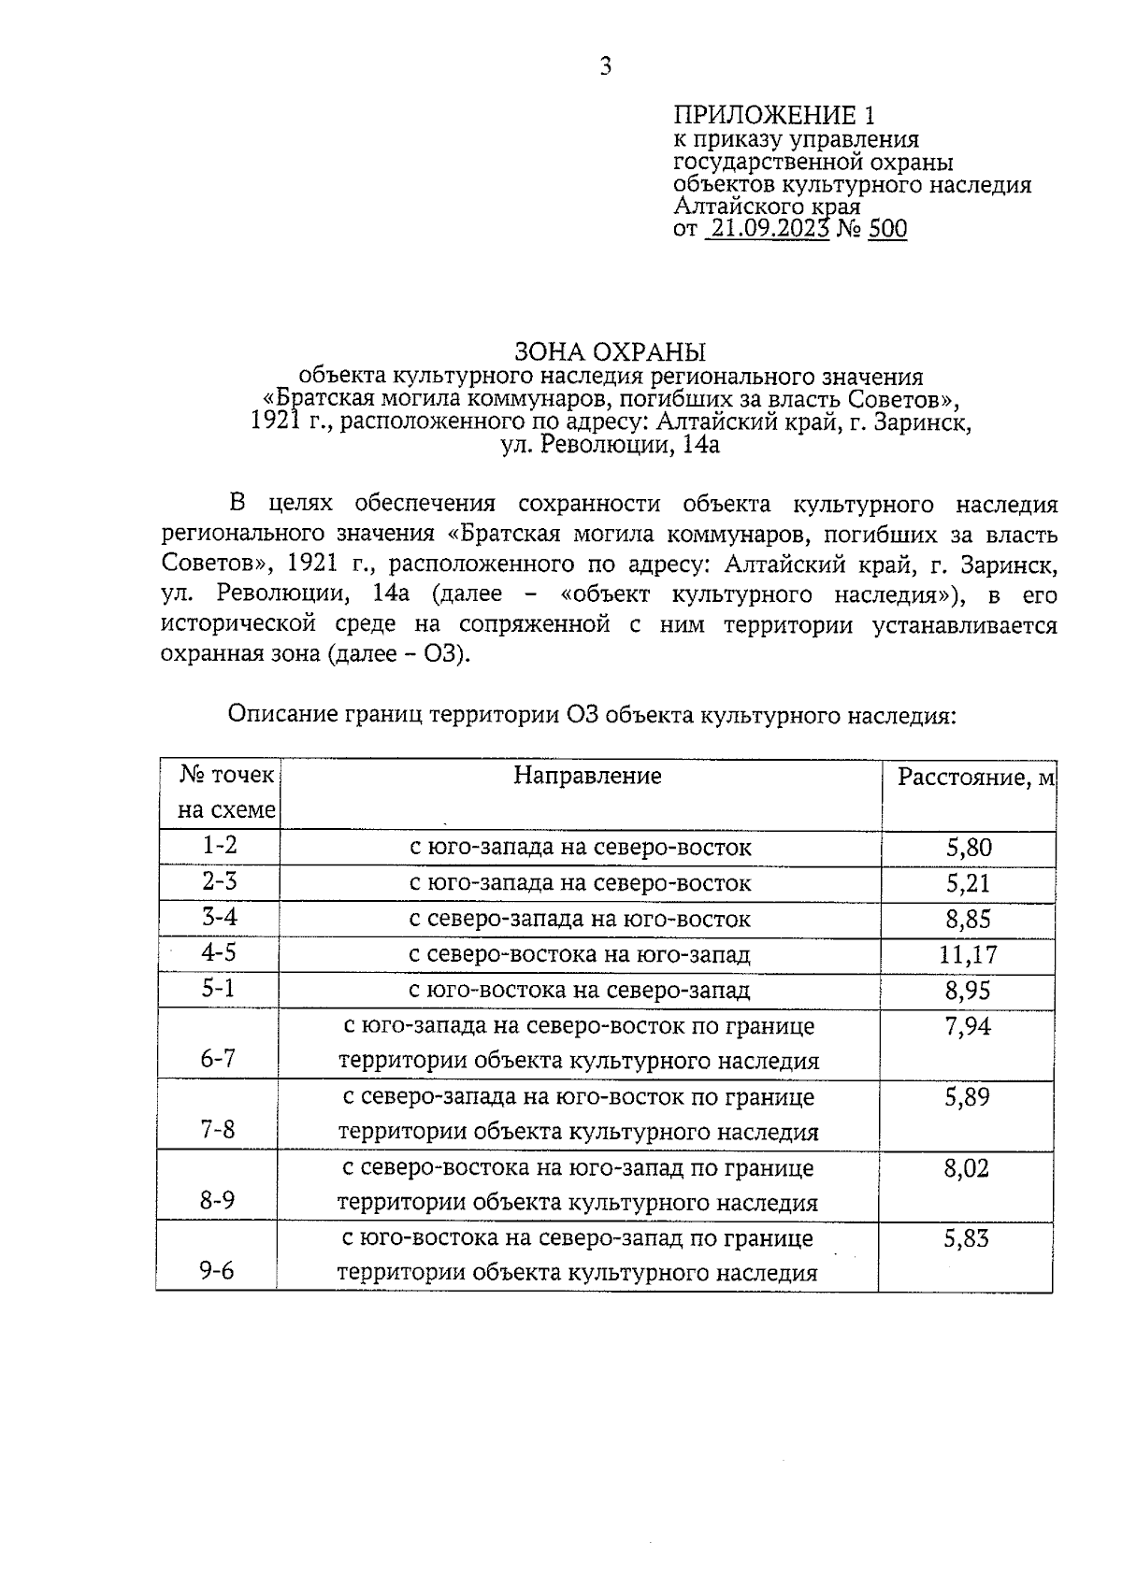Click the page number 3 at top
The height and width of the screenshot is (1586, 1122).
[605, 66]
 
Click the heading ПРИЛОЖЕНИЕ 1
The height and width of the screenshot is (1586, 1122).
[775, 116]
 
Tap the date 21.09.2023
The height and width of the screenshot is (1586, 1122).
[767, 229]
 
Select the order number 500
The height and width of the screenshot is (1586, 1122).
[887, 229]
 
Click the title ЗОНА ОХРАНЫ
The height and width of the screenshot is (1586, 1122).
[611, 352]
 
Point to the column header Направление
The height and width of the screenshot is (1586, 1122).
[587, 776]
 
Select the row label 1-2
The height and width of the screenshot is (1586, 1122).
[220, 846]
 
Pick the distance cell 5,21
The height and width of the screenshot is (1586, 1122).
[968, 883]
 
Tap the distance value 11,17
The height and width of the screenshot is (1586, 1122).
[968, 954]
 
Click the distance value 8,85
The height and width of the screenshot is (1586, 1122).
[968, 919]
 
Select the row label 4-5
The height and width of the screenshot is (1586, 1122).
[220, 952]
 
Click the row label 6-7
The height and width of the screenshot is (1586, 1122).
[218, 1059]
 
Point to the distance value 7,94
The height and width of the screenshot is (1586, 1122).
[968, 1027]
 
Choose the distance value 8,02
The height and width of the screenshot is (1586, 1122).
[967, 1168]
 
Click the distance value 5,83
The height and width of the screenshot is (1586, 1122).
[967, 1239]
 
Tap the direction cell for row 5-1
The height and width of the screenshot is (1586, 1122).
[580, 990]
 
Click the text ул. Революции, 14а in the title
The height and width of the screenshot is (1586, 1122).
[610, 445]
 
